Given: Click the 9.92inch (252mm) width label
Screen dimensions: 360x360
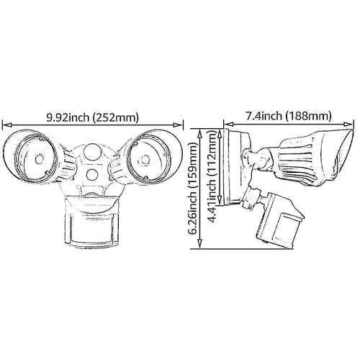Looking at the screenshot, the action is [92, 117].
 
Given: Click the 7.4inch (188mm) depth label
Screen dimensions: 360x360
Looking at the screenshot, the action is [289, 116].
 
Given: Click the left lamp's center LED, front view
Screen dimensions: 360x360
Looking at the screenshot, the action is [39, 159].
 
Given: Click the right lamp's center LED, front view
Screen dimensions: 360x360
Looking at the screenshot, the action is [145, 159].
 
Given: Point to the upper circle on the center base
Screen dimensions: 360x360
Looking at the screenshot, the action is [91, 151].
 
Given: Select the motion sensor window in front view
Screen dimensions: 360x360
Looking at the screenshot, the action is [91, 228].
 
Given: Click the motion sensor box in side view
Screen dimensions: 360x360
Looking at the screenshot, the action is [280, 221].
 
